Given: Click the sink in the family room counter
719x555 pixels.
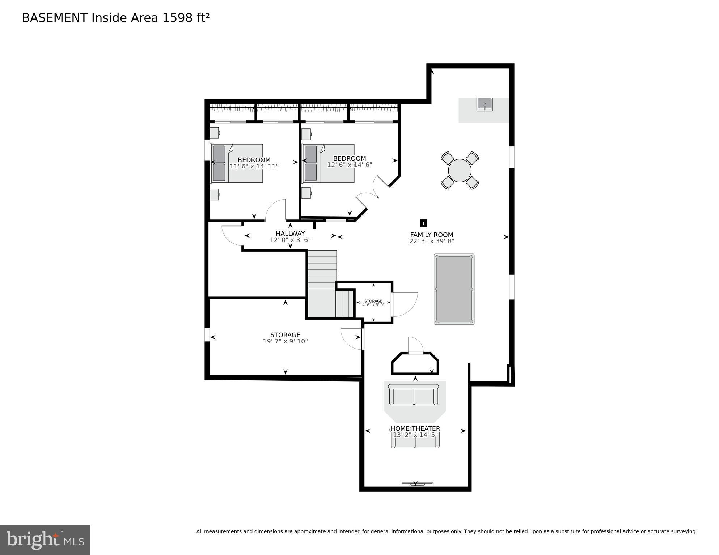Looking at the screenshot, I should coord(484,104).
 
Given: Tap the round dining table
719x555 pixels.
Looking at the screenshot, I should coord(460,170).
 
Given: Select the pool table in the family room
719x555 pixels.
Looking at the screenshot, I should coord(454,289).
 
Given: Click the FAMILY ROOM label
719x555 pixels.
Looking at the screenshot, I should coord(431,235).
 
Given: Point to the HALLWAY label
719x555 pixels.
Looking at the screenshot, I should coord(290,234).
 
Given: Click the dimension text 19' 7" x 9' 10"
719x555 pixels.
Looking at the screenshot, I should coord(285,341).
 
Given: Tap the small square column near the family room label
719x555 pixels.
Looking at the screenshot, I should coord(423,223).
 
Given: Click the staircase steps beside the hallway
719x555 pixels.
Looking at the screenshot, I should coord(322,269).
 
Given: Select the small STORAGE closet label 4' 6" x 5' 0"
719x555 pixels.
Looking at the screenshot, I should coord(373,303).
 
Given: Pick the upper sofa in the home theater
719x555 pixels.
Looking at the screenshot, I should coord(414,395).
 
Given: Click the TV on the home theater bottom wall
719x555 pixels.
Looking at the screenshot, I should coord(417,483).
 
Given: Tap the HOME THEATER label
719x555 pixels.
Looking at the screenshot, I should coord(415,428).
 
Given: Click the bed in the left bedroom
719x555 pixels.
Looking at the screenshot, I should coord(237,163).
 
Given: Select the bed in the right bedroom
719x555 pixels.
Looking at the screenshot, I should coord(329,163).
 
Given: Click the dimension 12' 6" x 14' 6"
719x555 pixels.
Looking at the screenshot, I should coord(350,165).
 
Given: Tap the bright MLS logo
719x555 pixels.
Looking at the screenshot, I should coord(45,540).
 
